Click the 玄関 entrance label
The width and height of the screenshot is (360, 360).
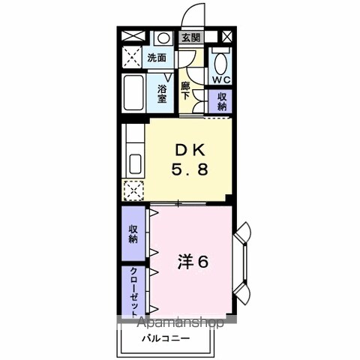(x=190, y=37)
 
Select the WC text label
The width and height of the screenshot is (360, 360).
(x=221, y=79)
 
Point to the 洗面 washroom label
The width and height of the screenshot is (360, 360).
(x=157, y=58)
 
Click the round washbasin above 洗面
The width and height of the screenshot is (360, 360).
(x=163, y=38)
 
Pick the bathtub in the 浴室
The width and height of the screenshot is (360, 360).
(x=133, y=93)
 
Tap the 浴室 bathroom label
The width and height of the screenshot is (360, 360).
(x=162, y=94)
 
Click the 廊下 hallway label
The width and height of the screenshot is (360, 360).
(x=185, y=91)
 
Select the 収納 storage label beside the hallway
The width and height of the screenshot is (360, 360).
(x=221, y=101)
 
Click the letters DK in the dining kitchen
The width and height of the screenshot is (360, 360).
(x=190, y=151)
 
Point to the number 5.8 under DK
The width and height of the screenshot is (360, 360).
(x=190, y=169)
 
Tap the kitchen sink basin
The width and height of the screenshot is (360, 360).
(x=135, y=163)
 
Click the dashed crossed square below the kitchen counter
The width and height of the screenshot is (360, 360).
(x=133, y=190)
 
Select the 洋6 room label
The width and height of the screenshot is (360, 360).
(x=193, y=262)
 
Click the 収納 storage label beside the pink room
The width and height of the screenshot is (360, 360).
(x=133, y=234)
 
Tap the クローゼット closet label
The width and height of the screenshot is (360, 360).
(x=134, y=292)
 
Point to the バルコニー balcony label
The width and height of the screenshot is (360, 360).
(x=166, y=339)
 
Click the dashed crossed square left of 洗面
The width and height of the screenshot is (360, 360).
(x=132, y=57)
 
